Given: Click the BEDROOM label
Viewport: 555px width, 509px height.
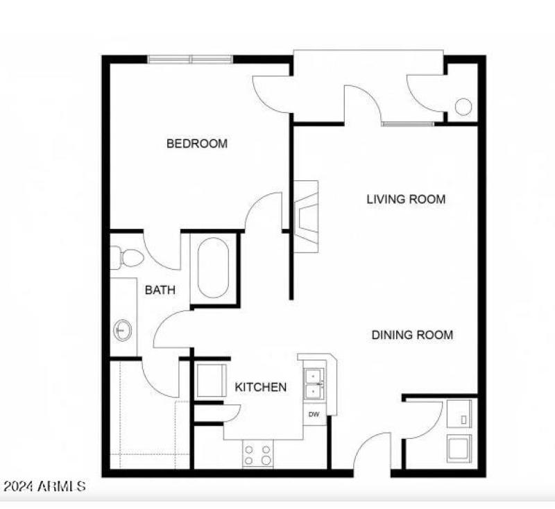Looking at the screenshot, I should [197, 144].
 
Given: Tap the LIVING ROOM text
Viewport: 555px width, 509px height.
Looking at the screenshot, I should [406, 200].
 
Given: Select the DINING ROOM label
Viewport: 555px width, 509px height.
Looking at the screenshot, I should [412, 335].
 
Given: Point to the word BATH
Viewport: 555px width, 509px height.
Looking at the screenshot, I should [160, 291].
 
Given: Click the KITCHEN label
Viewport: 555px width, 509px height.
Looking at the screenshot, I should [260, 387].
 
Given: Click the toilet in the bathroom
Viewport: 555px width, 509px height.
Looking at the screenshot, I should [126, 258].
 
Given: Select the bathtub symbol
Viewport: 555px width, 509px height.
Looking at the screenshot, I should [213, 268].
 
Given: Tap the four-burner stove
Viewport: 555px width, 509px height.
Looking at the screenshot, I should [257, 455].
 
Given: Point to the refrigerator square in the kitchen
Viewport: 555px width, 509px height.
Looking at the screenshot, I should [210, 379].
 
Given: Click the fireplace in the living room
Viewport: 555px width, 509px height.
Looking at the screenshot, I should [305, 216].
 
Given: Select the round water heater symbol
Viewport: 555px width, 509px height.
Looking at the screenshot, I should [463, 107].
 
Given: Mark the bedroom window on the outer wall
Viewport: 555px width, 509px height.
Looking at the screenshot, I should [191, 60].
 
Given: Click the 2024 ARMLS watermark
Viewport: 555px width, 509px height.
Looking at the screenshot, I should [44, 486].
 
